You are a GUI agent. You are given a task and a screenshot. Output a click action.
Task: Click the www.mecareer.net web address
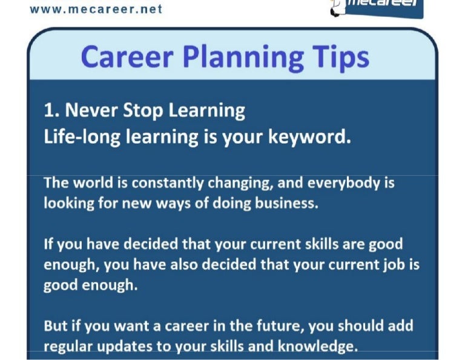(x=96, y=10)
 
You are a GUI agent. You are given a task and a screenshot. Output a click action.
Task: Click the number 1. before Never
(x=51, y=110)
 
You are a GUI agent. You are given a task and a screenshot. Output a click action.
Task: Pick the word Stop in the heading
(x=134, y=110)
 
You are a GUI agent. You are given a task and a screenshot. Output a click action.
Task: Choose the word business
(x=286, y=203)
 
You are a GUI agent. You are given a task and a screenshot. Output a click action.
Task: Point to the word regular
(x=66, y=347)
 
